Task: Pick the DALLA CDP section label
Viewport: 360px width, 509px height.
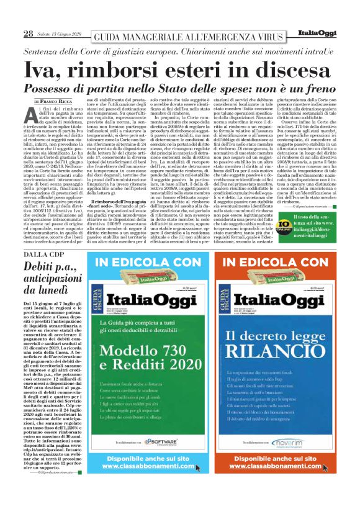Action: pyautogui.click(x=43, y=254)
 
